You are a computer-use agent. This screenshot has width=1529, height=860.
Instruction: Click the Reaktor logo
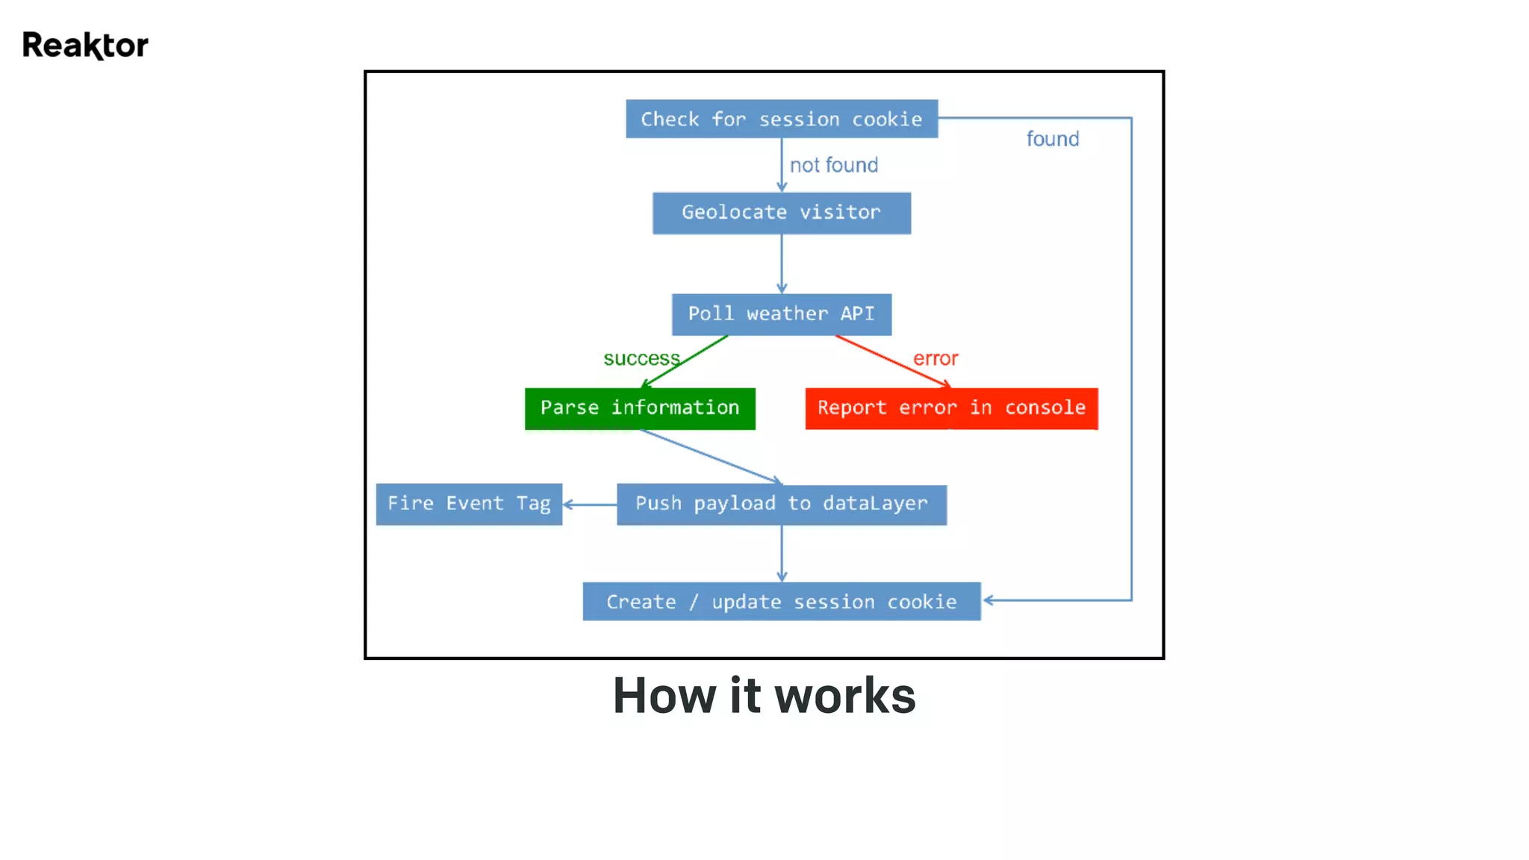click(85, 46)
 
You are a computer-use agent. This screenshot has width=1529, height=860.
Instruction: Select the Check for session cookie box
click(781, 119)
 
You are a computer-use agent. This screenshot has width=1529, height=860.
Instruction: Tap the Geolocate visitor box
click(781, 213)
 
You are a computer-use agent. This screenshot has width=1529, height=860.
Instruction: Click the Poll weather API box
click(781, 314)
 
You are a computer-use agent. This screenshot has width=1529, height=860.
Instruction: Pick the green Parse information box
click(640, 408)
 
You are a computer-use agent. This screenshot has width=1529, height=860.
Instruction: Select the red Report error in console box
click(951, 408)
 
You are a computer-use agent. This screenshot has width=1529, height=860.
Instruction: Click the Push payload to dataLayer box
click(781, 505)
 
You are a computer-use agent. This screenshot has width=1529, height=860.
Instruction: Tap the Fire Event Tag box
click(469, 504)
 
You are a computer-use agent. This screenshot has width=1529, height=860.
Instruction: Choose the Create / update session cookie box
click(781, 602)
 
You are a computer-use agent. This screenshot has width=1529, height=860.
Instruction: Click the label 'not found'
click(834, 165)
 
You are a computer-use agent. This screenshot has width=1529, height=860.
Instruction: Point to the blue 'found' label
click(1052, 139)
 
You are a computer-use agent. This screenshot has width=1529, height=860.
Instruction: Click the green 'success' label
click(641, 358)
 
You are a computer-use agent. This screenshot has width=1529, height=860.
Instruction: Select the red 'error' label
click(935, 358)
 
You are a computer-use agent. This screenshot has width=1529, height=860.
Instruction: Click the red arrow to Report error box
click(892, 361)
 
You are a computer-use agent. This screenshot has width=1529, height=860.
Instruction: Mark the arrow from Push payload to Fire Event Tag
click(589, 505)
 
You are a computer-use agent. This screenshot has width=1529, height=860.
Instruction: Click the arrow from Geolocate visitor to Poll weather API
click(782, 264)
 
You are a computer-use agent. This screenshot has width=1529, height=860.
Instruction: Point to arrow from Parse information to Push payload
click(709, 457)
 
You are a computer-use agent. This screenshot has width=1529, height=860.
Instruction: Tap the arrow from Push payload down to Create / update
click(782, 553)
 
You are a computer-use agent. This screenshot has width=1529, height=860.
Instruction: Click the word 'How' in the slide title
click(664, 696)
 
